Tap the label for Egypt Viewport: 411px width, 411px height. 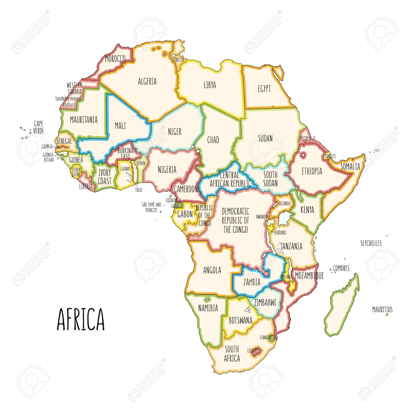tap(264, 89)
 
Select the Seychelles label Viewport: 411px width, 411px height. tap(371, 243)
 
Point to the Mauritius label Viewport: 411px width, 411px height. tap(382, 310)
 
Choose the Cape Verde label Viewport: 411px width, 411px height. tap(38, 127)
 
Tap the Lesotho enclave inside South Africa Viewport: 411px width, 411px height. tap(253, 351)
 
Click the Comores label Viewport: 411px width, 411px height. tap(341, 268)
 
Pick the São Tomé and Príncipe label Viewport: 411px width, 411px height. tap(151, 207)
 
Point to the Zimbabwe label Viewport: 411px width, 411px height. tap(265, 303)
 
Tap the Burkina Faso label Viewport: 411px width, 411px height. tap(126, 154)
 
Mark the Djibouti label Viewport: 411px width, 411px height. tap(331, 156)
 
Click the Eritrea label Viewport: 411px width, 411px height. tap(305, 138)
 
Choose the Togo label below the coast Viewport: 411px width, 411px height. tap(138, 190)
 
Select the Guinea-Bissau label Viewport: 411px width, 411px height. tap(49, 157)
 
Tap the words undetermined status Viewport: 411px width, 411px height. tap(68, 101)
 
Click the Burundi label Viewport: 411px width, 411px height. tap(280, 233)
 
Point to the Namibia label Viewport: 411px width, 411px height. tap(208, 308)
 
